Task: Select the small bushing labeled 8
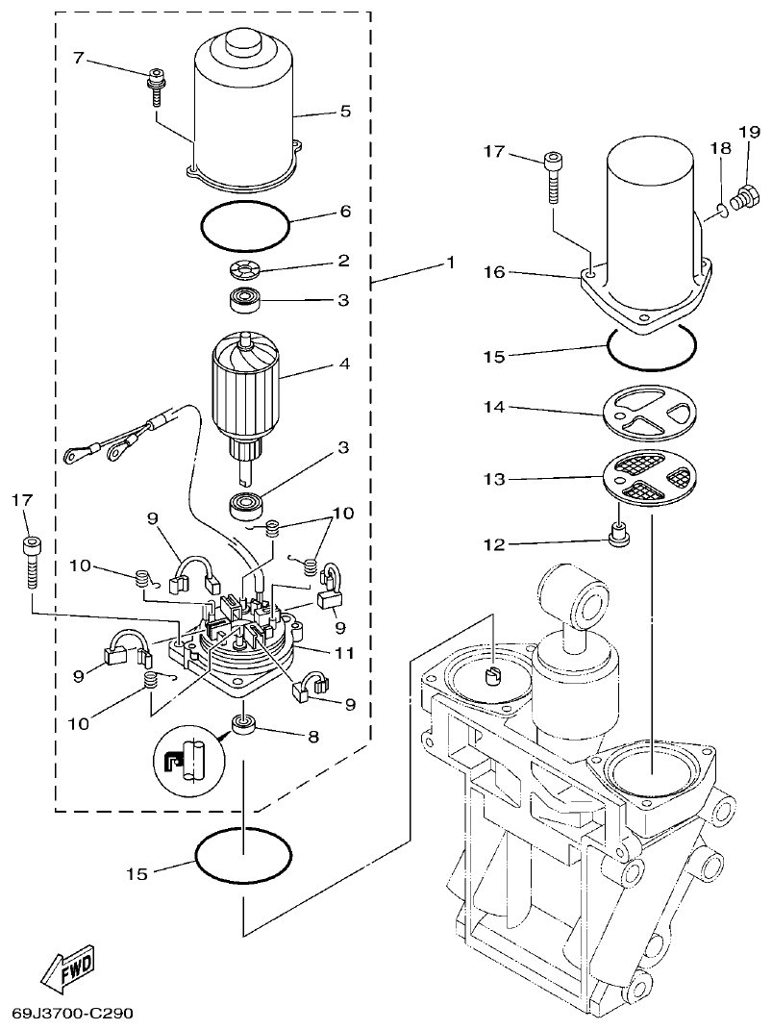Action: (x=242, y=725)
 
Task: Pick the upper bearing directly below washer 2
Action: (x=247, y=301)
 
